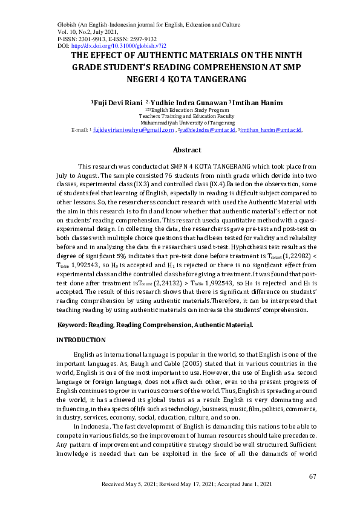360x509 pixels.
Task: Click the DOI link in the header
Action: [x=119, y=45]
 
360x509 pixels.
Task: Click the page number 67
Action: [x=313, y=476]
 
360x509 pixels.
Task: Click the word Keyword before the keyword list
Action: [x=71, y=325]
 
